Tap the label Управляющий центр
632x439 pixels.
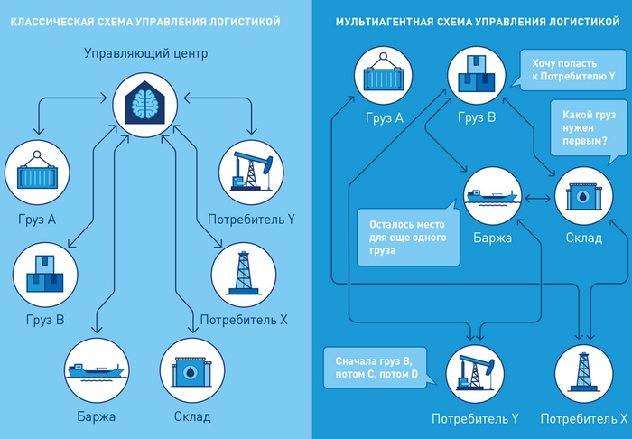point(145,54)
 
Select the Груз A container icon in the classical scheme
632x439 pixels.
point(37,171)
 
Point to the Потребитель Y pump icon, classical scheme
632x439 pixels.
point(251,171)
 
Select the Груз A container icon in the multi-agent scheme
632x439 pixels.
point(386,76)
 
